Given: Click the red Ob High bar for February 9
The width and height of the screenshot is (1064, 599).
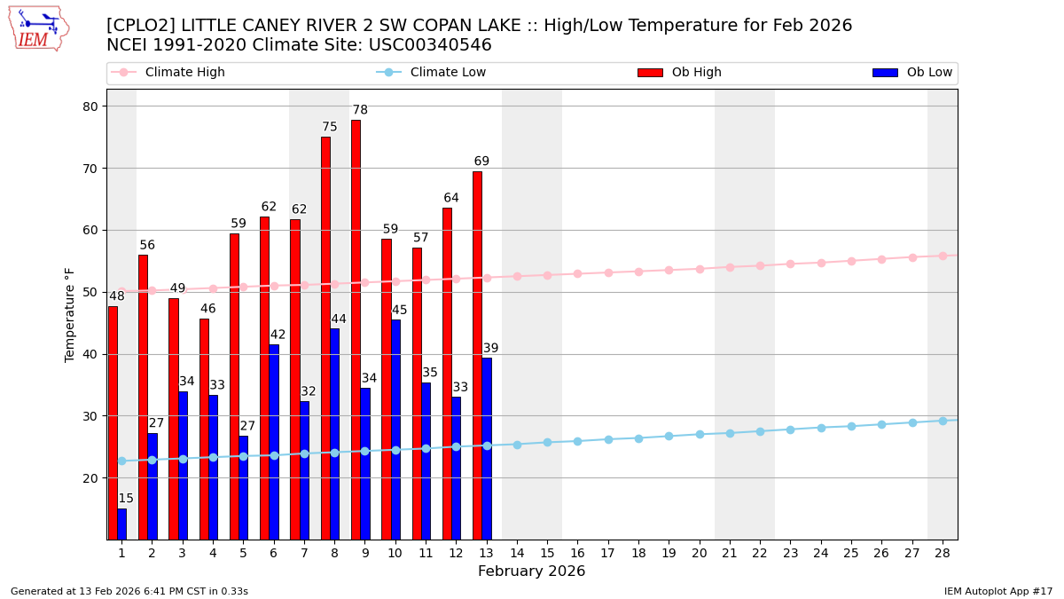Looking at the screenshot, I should point(356,329).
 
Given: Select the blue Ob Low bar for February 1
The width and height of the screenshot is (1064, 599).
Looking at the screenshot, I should point(121,524).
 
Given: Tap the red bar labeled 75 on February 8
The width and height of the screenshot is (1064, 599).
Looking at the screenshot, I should point(325,338).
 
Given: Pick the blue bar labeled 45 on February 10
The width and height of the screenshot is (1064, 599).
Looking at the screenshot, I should point(395,430).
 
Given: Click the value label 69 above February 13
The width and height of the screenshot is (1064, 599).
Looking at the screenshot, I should point(481,162).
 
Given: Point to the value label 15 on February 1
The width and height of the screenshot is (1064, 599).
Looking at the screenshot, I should point(126,499).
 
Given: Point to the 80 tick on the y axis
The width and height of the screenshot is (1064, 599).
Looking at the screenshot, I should point(91,106).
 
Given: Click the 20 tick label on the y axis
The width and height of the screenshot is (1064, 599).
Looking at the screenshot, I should point(91,478).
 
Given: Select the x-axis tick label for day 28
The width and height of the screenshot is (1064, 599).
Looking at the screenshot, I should point(943,553).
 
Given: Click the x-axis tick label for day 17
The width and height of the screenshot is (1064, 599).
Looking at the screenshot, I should point(607,553).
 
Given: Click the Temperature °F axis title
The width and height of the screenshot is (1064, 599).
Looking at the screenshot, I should point(70,314).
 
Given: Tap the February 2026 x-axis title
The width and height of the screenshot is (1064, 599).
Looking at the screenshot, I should point(531,571).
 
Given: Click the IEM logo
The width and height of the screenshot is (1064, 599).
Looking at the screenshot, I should point(38,28).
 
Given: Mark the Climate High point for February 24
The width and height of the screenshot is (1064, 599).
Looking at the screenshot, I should point(821,263).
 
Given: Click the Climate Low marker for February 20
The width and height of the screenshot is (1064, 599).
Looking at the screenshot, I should point(700,434).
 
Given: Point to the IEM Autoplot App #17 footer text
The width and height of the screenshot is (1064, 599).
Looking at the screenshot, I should point(998,591).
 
